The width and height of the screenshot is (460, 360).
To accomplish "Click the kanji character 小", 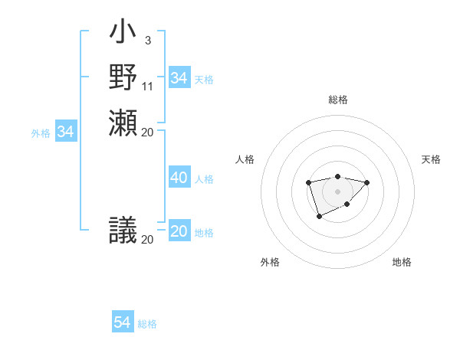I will pos(123,34).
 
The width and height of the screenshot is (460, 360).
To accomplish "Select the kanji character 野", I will pos(123,77).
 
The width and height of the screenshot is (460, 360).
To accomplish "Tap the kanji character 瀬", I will pos(123,123).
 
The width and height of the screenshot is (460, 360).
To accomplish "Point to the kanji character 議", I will pos(123,230).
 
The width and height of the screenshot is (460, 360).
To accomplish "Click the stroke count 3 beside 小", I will pos(147,40).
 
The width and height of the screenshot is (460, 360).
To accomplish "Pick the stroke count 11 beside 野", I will pos(148,86).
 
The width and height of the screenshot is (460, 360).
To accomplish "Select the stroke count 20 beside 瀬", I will pos(148,132).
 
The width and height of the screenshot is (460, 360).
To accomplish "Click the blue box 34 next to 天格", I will pos(179,78).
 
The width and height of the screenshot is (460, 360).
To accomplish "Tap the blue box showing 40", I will pos(179,178).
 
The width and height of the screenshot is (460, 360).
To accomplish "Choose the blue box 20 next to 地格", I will pos(179,232).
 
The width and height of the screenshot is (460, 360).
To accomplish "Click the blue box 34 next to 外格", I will pos(66,132).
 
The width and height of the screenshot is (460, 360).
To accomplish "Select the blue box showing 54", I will pos(122,322).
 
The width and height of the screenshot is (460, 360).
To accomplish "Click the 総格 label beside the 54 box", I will pos(147,324).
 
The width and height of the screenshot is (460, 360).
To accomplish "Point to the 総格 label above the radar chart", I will pos(338,100).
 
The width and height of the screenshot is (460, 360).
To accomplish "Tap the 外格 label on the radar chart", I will pos(270,262).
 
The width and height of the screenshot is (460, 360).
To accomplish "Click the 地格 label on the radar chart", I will pos(402,262).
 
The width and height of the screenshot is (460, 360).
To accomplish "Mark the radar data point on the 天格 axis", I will pos(367,182).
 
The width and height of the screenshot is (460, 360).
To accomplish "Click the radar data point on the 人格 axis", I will pos(308,182).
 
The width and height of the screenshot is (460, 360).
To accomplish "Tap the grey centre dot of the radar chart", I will pos(337,191).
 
